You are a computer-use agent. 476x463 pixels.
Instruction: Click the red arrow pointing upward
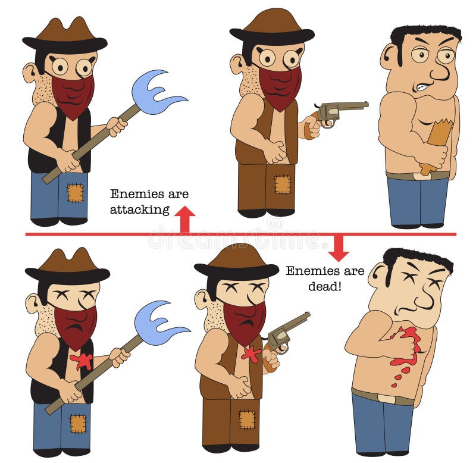pos(185,219)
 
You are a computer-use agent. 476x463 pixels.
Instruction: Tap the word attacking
pos(140,210)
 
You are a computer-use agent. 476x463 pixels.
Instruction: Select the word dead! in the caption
pos(325,286)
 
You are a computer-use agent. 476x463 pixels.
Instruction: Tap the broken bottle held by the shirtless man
pos(435,146)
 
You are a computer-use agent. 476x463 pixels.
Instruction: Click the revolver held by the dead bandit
pos(284,340)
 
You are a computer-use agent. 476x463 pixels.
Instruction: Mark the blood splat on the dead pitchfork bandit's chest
pos(82,361)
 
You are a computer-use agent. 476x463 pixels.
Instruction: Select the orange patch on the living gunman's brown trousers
pos(282,184)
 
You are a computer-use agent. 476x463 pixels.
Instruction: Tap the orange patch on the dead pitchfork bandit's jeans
pos(79,423)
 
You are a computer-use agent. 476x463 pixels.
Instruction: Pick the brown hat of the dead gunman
pos(236,262)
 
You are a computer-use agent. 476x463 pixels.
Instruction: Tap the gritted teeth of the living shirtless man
pos(422,87)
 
